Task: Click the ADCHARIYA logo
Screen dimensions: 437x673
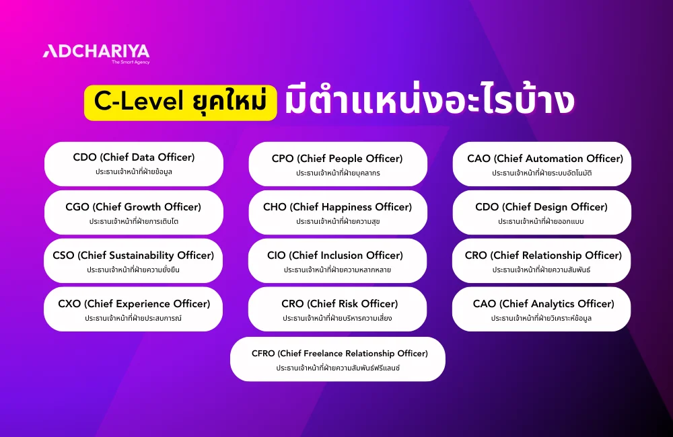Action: [x=96, y=52]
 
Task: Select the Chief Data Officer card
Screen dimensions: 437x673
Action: [x=134, y=164]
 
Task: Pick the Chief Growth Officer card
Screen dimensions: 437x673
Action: [x=134, y=212]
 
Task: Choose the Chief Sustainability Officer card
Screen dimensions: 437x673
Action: [x=133, y=261]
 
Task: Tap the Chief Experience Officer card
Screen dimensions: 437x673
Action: [x=133, y=309]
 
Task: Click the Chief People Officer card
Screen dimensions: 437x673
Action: [x=337, y=164]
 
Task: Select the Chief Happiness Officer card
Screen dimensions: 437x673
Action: [x=337, y=212]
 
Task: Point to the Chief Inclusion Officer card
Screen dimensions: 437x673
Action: [x=337, y=261]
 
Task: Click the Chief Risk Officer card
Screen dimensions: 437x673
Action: [x=337, y=309]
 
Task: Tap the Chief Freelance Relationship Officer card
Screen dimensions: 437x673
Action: [x=337, y=359]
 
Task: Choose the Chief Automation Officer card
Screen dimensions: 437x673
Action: [x=542, y=164]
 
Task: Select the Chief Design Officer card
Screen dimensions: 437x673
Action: [x=542, y=212]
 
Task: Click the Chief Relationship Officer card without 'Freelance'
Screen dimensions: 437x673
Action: [x=542, y=261]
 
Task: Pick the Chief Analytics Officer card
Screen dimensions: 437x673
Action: [x=542, y=309]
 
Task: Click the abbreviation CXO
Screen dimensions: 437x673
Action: [x=69, y=304]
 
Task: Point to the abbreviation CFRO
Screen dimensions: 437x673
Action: [x=263, y=354]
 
